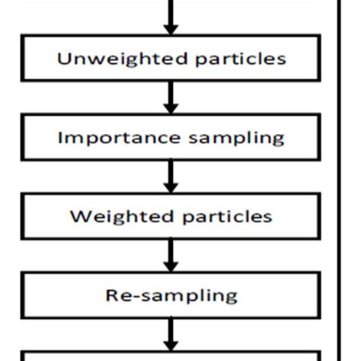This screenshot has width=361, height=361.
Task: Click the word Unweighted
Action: click(123, 59)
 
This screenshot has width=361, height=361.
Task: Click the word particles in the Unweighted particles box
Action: click(241, 59)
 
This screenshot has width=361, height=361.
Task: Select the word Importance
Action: click(120, 139)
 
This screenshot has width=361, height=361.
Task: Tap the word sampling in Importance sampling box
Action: click(236, 139)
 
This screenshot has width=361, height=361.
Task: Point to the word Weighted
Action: click(122, 217)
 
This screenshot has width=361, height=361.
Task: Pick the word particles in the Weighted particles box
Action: click(227, 217)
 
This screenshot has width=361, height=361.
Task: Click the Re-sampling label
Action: click(171, 296)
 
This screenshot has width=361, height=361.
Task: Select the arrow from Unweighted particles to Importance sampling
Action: click(171, 97)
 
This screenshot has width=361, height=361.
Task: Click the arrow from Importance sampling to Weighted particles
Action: click(171, 177)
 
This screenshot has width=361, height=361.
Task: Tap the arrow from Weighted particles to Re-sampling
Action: click(171, 255)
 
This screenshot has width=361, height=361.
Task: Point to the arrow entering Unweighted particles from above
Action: click(171, 18)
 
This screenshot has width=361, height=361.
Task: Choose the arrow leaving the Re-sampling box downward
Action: click(171, 334)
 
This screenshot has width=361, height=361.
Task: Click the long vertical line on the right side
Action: click(339, 180)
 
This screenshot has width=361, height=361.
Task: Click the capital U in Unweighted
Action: click(62, 59)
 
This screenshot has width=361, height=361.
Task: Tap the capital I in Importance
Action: click(60, 138)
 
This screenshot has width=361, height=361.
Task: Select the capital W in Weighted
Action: click(79, 216)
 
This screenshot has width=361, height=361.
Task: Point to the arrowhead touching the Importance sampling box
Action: click(171, 108)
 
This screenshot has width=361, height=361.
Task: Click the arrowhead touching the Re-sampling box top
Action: click(171, 267)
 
